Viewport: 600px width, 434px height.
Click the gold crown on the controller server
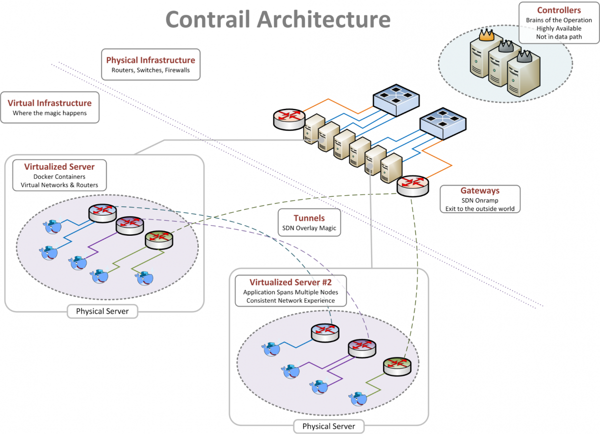[485, 35]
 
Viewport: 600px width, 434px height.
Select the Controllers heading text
[559, 10]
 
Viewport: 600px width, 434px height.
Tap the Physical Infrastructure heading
[150, 60]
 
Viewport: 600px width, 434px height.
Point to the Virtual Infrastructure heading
[49, 103]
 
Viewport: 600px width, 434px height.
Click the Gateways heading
[480, 191]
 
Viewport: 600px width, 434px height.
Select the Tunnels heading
[309, 218]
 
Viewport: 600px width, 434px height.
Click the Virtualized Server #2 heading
[285, 282]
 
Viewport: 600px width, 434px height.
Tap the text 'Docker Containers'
[59, 176]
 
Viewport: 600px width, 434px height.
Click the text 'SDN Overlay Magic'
[309, 228]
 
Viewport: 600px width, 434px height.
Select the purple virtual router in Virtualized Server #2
[362, 348]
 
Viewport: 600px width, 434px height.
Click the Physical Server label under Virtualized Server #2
[328, 426]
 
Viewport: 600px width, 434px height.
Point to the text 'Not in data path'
[559, 37]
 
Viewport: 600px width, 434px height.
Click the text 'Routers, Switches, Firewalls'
[150, 70]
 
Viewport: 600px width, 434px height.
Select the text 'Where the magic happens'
[49, 113]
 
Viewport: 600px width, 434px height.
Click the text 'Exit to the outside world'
[480, 209]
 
